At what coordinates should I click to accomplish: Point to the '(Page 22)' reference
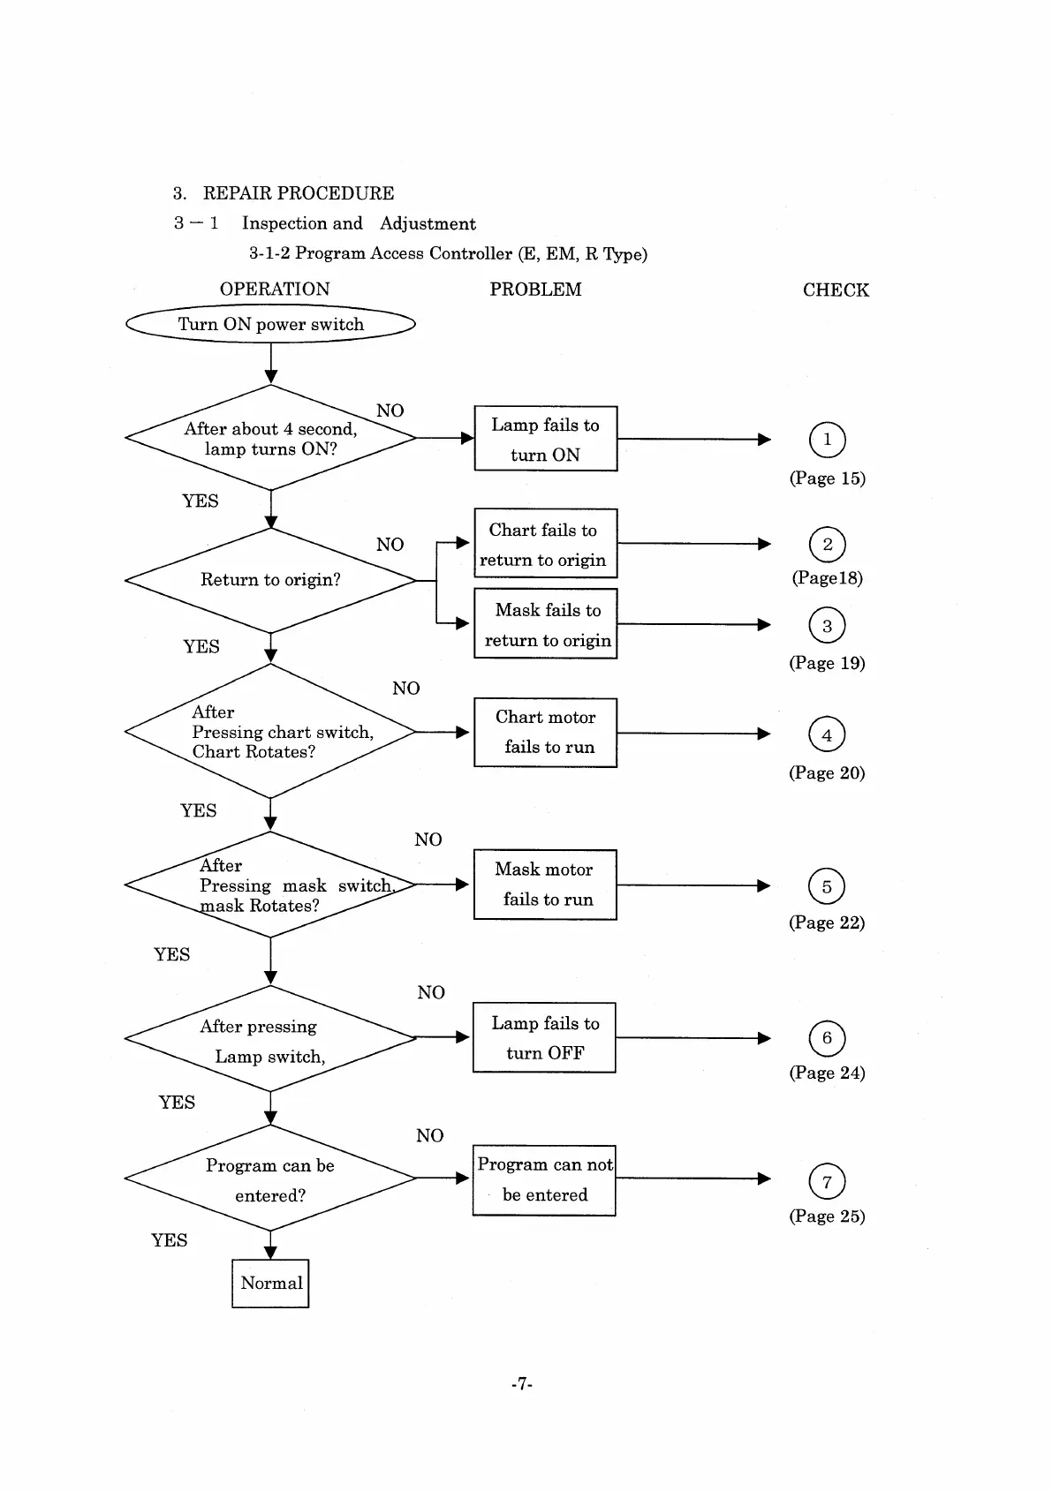pos(827,922)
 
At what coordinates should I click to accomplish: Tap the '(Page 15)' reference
pos(828,478)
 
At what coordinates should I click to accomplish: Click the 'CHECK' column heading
pos(836,290)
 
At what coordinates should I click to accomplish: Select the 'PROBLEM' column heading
pos(535,290)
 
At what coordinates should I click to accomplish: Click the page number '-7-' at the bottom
pos(522,1384)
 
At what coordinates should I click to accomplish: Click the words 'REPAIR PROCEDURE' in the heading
pos(299,193)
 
